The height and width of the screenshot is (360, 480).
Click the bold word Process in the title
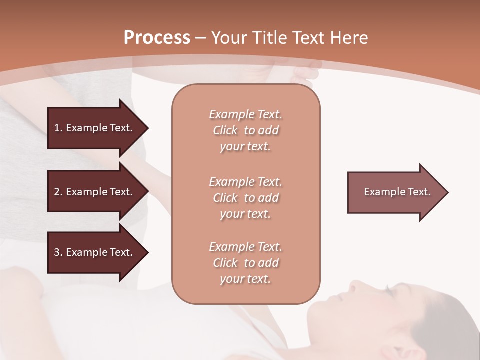157,38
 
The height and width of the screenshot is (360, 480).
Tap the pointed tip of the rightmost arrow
447,192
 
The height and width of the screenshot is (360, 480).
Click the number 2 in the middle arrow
57,192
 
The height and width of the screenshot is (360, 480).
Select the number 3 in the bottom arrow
57,252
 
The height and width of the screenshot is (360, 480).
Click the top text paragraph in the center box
245,130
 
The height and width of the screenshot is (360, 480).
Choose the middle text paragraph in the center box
245,198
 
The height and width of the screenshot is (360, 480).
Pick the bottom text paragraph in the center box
245,263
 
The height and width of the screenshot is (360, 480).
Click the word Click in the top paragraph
225,130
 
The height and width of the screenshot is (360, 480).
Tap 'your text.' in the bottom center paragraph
245,279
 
